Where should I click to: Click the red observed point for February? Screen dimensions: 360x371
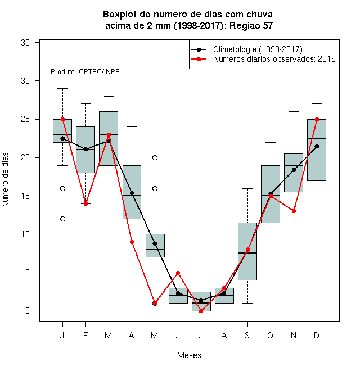coord(85,203)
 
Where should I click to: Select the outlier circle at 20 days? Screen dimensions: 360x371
coord(155,158)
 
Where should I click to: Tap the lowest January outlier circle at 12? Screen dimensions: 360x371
coord(63,219)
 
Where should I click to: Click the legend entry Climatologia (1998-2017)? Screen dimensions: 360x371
coord(258,49)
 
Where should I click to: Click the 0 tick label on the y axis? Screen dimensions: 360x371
coord(28,311)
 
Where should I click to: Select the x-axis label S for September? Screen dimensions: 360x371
coord(247,335)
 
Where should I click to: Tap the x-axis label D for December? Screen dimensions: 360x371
coord(317,335)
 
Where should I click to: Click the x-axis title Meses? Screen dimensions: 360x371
coord(189,355)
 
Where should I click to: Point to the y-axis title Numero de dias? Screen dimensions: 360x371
coord(5,180)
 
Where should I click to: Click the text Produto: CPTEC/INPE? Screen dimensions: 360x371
coord(85,72)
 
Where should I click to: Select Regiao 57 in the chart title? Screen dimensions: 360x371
coord(251,25)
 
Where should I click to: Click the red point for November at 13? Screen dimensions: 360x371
coord(294,211)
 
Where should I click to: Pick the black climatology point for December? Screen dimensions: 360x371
coord(317,147)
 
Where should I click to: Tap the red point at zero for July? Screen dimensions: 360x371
coord(201,311)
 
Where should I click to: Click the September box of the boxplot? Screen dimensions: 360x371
coord(247,251)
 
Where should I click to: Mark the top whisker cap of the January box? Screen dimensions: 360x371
coord(63,88)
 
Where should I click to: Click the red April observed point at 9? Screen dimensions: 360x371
coord(132,242)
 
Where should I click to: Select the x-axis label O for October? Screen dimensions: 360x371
coord(270,335)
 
